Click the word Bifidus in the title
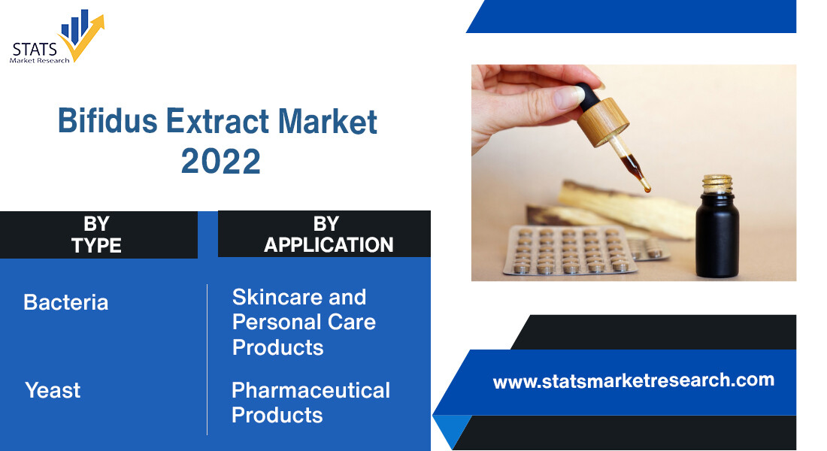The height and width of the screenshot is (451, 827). click(x=108, y=121)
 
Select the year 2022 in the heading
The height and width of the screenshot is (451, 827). click(x=220, y=162)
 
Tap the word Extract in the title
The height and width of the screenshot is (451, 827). click(x=217, y=121)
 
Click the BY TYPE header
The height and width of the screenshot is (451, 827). click(x=96, y=235)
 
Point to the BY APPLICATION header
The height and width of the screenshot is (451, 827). click(x=328, y=235)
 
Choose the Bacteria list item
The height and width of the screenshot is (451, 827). click(x=66, y=302)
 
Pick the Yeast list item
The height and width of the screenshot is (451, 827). click(x=53, y=390)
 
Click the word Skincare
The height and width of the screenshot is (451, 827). click(x=277, y=297)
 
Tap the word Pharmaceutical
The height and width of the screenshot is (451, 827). click(x=311, y=390)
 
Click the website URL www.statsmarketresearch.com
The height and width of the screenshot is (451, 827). click(x=634, y=381)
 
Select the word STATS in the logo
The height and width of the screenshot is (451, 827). click(x=35, y=50)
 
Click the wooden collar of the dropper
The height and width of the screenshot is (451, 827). click(x=604, y=121)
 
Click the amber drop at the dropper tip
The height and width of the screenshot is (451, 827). click(x=646, y=186)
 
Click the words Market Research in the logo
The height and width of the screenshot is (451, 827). click(x=40, y=61)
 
